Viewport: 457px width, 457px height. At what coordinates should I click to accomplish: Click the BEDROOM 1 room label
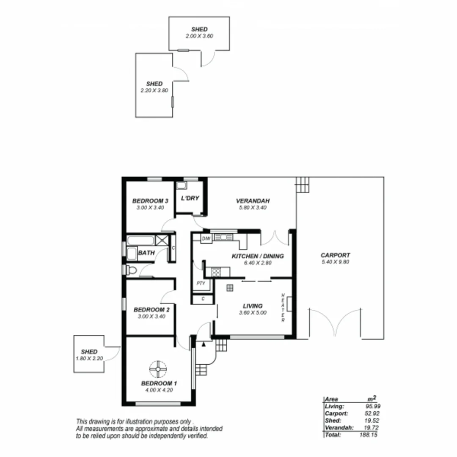(x=159, y=383)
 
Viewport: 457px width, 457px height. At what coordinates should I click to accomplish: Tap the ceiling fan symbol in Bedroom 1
(x=158, y=369)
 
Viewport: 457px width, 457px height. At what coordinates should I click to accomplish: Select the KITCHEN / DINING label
(x=257, y=256)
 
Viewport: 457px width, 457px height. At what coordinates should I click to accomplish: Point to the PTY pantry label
(x=201, y=283)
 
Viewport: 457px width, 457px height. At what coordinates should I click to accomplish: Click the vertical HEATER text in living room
(x=283, y=307)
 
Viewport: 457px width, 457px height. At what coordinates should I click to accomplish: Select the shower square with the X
(x=162, y=240)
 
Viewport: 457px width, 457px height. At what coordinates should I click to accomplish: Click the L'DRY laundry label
(x=190, y=198)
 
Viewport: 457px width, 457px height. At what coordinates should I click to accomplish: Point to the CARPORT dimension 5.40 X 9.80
(x=335, y=262)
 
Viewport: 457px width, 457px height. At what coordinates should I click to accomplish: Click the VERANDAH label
(x=253, y=201)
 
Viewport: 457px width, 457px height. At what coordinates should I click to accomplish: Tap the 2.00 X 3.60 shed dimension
(x=199, y=36)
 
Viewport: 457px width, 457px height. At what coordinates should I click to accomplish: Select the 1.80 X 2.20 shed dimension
(x=89, y=358)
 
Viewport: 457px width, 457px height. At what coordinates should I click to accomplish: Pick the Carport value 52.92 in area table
(x=368, y=413)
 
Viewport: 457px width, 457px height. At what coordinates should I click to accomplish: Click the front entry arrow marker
(x=204, y=344)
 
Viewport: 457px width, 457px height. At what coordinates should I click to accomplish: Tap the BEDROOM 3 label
(x=151, y=201)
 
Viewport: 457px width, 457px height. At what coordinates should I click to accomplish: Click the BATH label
(x=147, y=253)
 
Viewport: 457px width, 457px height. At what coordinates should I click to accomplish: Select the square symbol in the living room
(x=229, y=288)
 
